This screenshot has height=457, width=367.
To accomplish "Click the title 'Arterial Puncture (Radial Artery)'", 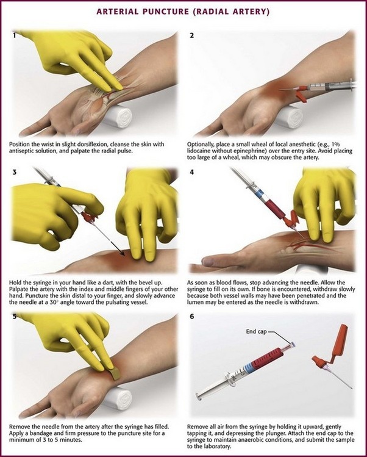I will [x=184, y=12].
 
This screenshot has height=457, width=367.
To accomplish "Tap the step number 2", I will [x=192, y=35].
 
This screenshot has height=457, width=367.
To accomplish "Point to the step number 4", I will [x=192, y=173].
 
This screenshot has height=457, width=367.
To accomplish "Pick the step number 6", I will [x=192, y=316].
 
